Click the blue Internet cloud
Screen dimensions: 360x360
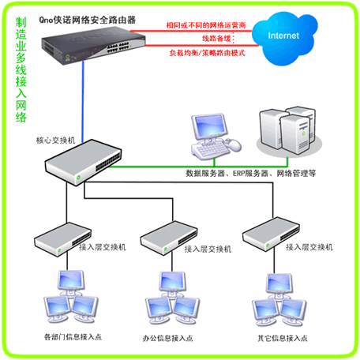click(x=284, y=38)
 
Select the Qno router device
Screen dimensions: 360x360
click(x=93, y=45)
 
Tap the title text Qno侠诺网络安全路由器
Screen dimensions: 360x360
click(x=88, y=20)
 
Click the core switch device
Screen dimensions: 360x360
click(x=83, y=163)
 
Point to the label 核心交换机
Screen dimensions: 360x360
click(x=55, y=141)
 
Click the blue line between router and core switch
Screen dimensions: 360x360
click(x=83, y=102)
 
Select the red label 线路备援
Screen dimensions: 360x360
click(x=216, y=39)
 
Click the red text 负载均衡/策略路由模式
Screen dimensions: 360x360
click(x=208, y=53)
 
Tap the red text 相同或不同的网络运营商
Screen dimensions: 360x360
click(x=206, y=25)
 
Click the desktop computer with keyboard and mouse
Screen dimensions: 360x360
click(x=216, y=137)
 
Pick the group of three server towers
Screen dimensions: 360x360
click(x=289, y=131)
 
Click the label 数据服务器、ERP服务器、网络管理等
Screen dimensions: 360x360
click(x=250, y=173)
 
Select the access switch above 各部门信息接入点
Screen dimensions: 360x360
click(x=62, y=239)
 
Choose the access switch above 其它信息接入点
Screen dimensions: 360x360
click(x=271, y=234)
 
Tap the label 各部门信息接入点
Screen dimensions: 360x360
click(x=73, y=337)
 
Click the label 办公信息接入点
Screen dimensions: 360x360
click(x=167, y=338)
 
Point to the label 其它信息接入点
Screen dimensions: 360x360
click(x=283, y=338)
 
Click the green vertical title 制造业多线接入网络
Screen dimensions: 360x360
click(x=21, y=70)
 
